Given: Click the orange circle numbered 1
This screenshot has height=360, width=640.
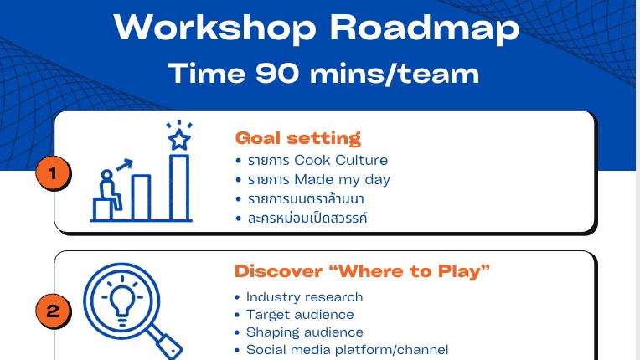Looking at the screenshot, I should [53, 174].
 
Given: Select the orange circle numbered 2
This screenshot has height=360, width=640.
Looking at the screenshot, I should [53, 312].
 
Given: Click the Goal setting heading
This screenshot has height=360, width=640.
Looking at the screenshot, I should [297, 137].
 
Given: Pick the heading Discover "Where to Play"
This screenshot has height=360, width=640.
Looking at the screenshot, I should [362, 271].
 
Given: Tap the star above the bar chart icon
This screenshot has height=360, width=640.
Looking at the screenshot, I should [178, 137].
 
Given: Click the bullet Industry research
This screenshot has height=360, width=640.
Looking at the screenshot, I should [304, 296].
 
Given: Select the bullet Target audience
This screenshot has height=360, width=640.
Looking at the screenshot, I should [300, 314].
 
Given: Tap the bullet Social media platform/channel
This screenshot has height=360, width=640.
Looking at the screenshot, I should [347, 349].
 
